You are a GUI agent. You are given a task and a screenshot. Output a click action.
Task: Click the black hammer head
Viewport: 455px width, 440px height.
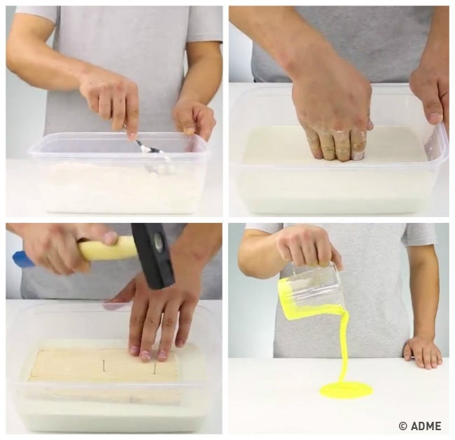153,256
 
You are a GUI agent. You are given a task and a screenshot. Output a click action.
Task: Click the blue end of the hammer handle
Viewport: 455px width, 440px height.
24,259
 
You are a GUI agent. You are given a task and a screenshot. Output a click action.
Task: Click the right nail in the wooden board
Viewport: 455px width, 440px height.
155,367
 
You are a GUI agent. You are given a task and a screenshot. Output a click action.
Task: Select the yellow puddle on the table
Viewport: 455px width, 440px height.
346,390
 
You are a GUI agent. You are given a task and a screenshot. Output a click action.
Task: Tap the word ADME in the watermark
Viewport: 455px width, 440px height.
426,426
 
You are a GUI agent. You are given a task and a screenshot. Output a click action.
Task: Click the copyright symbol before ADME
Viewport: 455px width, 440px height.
403,426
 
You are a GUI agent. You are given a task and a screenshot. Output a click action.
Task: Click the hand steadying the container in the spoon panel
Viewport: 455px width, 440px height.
195,117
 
